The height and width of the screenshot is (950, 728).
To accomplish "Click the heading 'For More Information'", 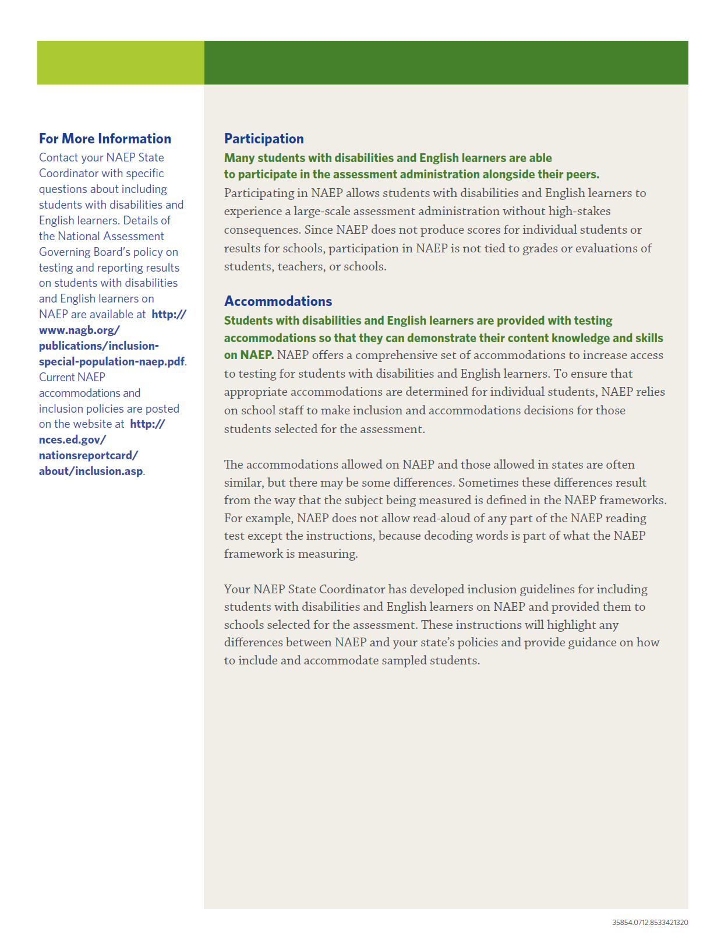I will [105, 139].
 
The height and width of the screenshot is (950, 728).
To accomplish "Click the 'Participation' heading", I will [264, 139].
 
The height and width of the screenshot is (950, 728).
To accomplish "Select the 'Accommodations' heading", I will [278, 301].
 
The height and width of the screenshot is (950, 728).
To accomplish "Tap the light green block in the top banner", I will [121, 62].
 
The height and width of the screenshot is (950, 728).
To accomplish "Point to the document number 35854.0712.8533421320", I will [650, 923].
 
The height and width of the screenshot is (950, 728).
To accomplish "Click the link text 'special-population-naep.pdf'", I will [112, 361].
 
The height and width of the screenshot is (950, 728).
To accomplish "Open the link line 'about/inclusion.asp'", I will [91, 471].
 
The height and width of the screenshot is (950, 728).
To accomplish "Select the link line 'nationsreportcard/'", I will [89, 455].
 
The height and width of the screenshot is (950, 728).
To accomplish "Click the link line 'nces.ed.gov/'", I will [73, 439].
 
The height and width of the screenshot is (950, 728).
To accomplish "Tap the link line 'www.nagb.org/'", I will [79, 330].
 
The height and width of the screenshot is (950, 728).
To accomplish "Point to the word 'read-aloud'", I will [442, 518].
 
